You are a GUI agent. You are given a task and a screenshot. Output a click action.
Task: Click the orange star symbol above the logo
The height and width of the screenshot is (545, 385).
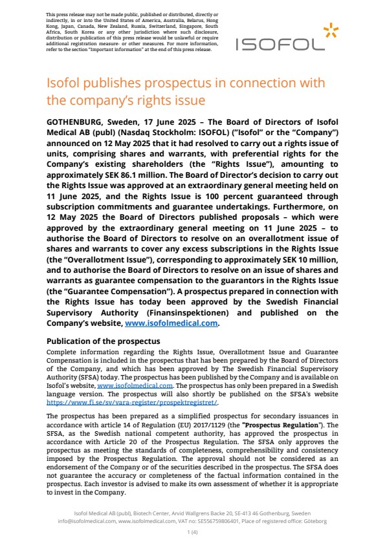(331, 29)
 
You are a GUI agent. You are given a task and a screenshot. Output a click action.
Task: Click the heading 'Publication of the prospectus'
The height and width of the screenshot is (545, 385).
(104, 341)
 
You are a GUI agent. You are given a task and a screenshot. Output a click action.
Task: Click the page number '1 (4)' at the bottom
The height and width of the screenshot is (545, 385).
(192, 532)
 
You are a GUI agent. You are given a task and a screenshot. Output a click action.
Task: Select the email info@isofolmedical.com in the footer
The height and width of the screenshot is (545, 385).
(87, 520)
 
